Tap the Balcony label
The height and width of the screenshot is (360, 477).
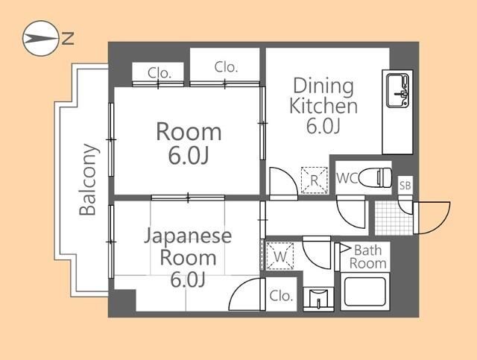[x=88, y=180]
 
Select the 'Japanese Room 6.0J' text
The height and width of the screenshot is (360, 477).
[x=188, y=258]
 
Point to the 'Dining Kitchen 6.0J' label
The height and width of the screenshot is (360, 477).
[x=323, y=105]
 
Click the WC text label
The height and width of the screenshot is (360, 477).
[x=348, y=179]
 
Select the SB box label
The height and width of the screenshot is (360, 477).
[x=405, y=185]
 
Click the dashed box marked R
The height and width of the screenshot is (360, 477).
[x=314, y=179]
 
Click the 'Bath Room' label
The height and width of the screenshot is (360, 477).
[x=367, y=256]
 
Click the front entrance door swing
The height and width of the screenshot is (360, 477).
[x=433, y=216]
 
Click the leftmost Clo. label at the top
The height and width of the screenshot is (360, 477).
[x=159, y=73]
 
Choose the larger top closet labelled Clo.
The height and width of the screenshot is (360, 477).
[x=226, y=66]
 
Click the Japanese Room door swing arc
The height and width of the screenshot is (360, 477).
[x=246, y=294]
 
